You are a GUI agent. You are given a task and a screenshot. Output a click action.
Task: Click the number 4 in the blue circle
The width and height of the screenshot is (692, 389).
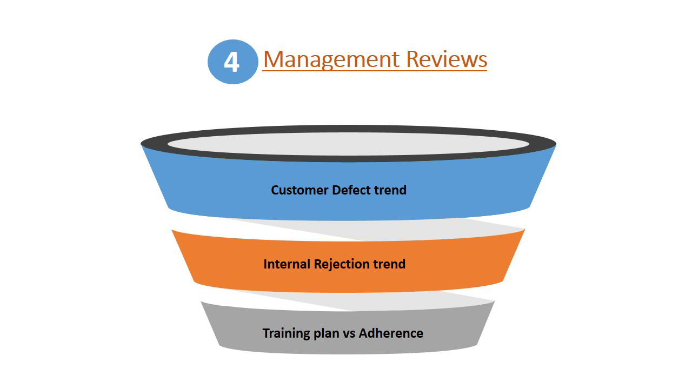[231, 62]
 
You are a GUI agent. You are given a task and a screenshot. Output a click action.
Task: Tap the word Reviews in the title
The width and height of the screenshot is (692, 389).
[447, 59]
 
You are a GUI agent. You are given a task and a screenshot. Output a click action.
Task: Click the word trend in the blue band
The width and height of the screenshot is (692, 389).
[390, 190]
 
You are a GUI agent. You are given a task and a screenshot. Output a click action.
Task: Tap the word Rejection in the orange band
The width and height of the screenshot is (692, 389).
[339, 264]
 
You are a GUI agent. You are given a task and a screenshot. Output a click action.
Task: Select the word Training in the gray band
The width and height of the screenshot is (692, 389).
[286, 333]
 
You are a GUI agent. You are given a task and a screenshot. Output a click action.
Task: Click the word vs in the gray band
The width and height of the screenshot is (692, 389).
[349, 333]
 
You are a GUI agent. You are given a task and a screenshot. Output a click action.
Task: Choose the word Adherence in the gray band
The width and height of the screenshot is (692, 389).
[391, 333]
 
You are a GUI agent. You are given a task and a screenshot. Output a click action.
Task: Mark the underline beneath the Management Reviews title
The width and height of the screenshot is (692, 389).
[375, 70]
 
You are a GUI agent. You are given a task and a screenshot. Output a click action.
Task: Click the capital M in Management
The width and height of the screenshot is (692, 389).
[273, 59]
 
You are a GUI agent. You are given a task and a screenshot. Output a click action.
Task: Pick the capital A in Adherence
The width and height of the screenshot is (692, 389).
[363, 333]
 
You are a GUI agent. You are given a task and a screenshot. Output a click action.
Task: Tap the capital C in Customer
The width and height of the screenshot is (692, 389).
[275, 190]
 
